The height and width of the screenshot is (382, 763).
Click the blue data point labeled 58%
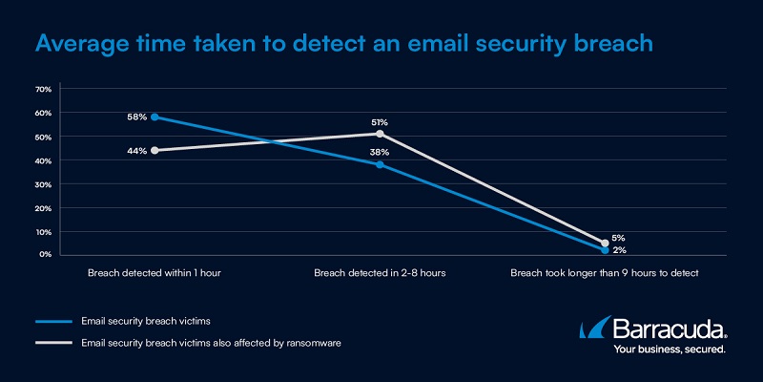click(155, 117)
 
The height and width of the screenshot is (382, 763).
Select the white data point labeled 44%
click(155, 150)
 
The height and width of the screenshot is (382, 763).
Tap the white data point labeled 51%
click(380, 134)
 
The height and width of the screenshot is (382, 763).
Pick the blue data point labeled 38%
click(380, 164)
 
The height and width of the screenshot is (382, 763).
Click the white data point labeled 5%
click(605, 243)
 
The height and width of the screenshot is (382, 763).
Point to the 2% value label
click(619, 250)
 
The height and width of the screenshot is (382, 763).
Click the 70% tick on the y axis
click(43, 89)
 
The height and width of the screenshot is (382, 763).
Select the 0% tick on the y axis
click(45, 255)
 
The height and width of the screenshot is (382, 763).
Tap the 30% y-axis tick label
click(43, 183)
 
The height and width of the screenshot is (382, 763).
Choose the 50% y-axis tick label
click(43, 137)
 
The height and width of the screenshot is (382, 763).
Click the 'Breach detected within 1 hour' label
click(155, 273)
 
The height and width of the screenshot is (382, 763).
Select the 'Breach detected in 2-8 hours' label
click(380, 273)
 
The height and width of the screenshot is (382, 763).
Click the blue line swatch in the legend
click(56, 320)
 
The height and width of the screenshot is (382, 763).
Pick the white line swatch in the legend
click(56, 342)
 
